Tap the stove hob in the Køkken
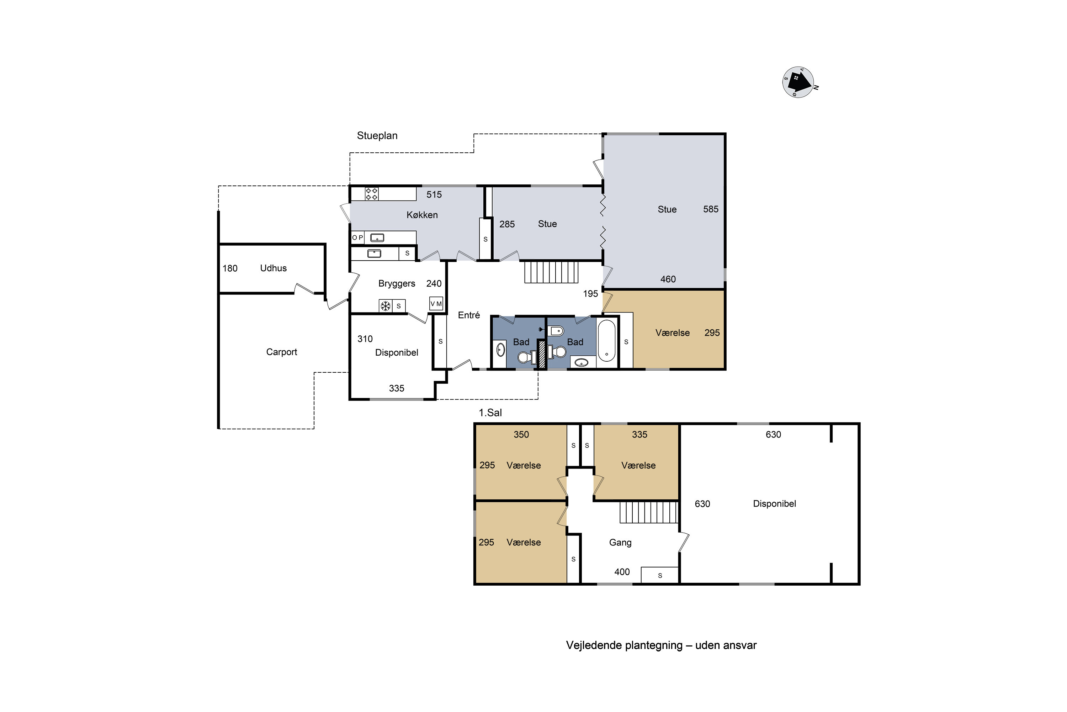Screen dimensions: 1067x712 (372, 194)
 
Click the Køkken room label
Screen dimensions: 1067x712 (422, 215)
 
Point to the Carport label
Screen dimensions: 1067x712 (281, 352)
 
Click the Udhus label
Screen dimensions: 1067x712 (273, 268)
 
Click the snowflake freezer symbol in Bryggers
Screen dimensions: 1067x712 (385, 306)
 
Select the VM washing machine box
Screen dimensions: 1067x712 (436, 303)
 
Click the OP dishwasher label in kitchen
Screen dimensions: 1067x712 (357, 237)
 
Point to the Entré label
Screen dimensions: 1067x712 (469, 315)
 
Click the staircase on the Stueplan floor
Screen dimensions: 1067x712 (551, 272)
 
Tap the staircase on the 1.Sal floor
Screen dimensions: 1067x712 (649, 512)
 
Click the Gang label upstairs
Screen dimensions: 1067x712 (620, 543)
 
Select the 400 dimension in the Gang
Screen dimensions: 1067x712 (622, 572)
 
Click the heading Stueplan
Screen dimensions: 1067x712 (377, 136)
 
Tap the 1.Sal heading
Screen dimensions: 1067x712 (490, 413)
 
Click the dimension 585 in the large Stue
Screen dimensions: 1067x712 (711, 209)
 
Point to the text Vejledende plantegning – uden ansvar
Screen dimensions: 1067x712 (661, 645)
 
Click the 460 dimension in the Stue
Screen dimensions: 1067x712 (668, 279)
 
